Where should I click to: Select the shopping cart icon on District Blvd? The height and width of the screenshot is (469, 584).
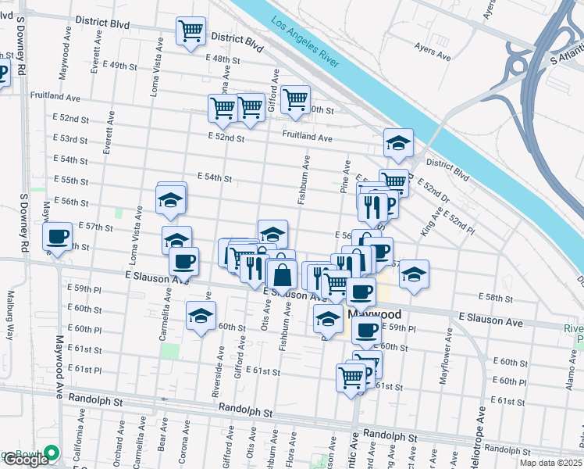[191, 31]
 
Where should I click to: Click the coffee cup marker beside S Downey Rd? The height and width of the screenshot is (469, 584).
[59, 237]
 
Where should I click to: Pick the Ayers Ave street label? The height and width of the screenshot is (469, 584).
[433, 56]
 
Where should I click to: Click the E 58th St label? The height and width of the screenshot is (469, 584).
[496, 298]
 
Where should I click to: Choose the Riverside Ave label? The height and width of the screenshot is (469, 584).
[215, 379]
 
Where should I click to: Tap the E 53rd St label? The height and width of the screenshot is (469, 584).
[71, 139]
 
